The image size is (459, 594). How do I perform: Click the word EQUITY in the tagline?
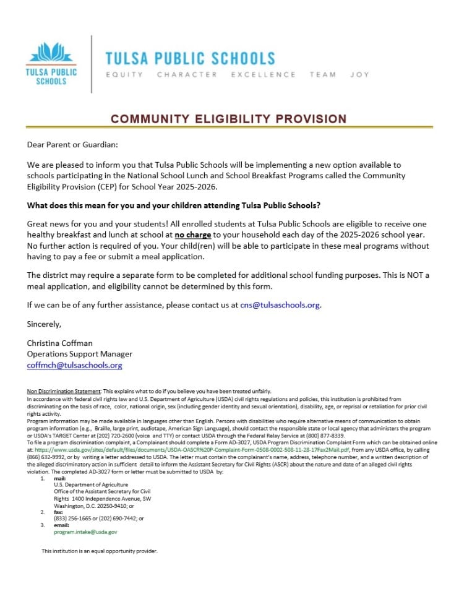(124, 75)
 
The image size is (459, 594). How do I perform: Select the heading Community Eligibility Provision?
(229, 119)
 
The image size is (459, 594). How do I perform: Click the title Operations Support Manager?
(79, 354)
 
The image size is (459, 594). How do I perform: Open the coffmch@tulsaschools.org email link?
(74, 365)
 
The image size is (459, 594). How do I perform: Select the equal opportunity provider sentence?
(99, 551)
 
